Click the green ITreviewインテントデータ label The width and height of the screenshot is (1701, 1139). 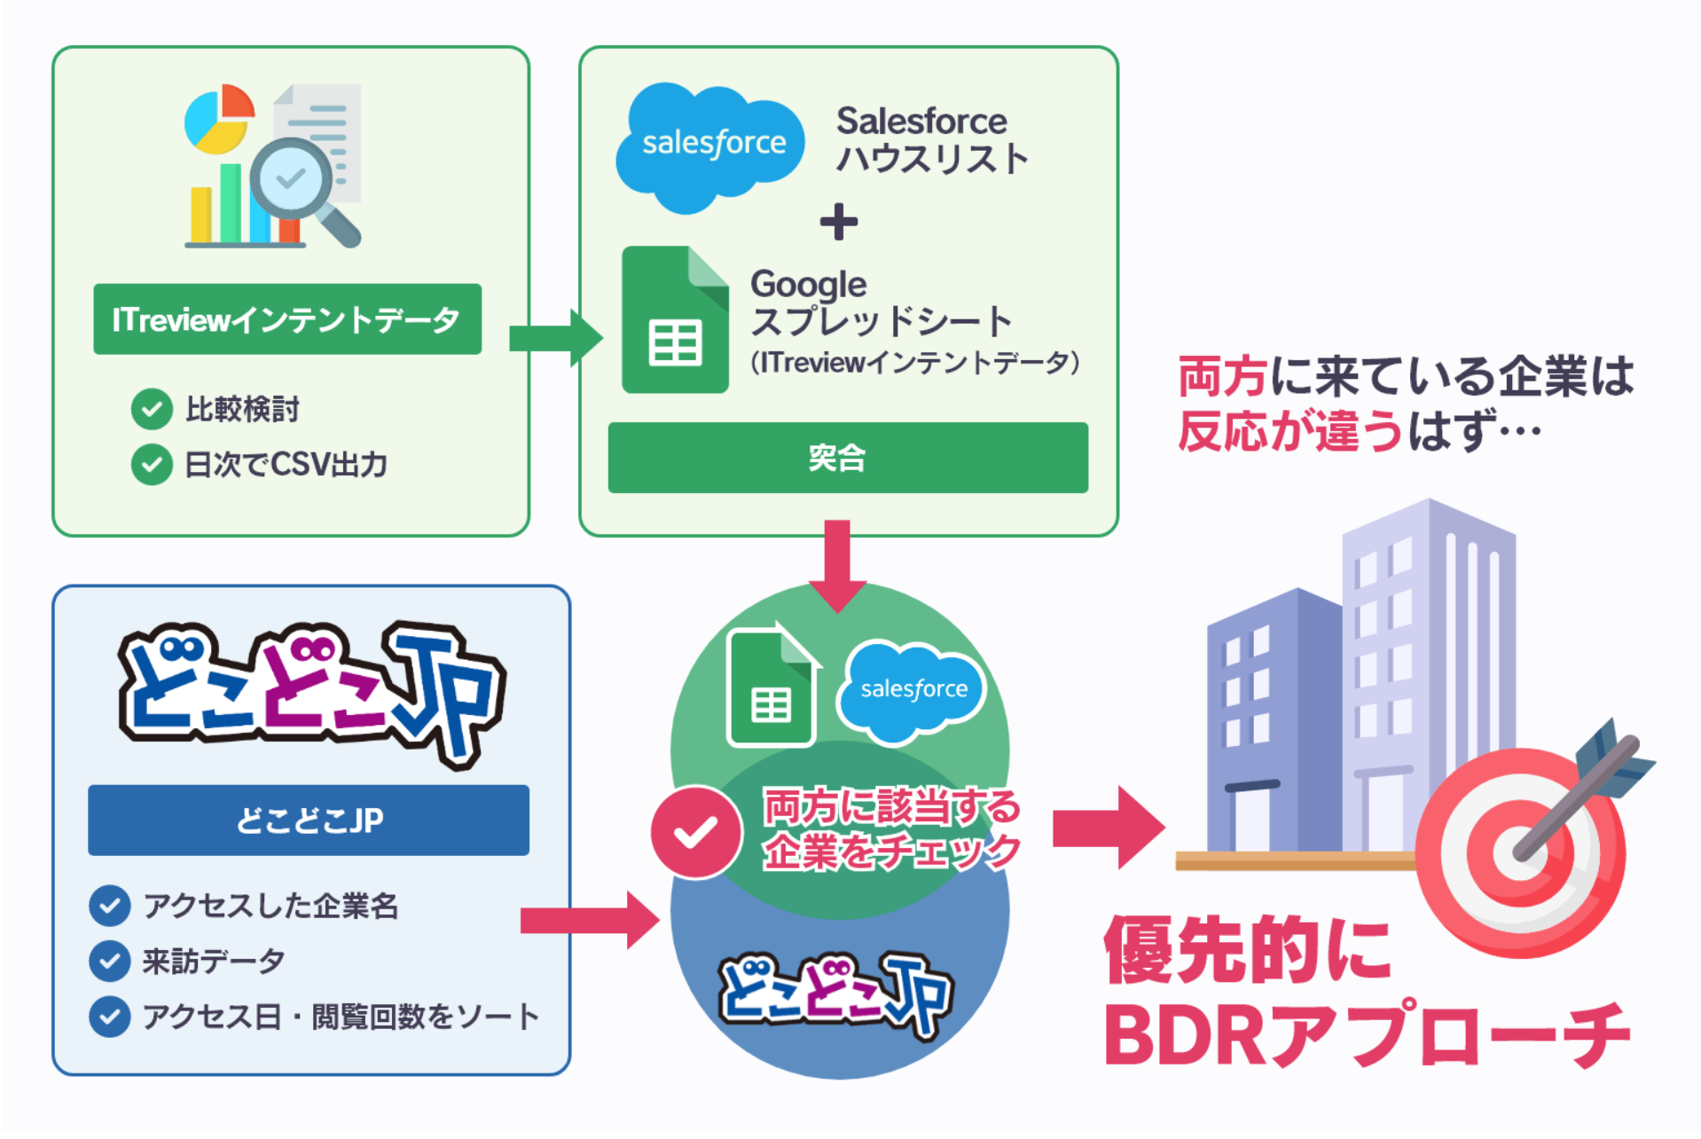(287, 319)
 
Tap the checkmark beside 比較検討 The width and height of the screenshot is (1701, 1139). (152, 409)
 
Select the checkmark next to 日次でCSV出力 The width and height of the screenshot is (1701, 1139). (152, 464)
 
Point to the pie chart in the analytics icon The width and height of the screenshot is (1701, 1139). (218, 118)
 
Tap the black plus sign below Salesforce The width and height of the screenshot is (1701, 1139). (838, 222)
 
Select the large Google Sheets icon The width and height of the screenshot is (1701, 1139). (675, 320)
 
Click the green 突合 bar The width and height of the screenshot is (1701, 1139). (848, 458)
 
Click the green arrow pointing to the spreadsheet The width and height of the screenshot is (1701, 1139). (555, 338)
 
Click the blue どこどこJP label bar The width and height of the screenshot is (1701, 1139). (309, 821)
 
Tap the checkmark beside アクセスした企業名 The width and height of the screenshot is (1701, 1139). (110, 906)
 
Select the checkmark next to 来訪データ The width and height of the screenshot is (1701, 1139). (110, 961)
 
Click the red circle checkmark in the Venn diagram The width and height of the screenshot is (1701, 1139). (696, 832)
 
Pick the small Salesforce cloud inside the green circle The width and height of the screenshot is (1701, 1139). (913, 690)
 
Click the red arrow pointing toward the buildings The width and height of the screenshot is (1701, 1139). (1108, 828)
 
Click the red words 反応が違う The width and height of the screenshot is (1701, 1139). (1290, 431)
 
